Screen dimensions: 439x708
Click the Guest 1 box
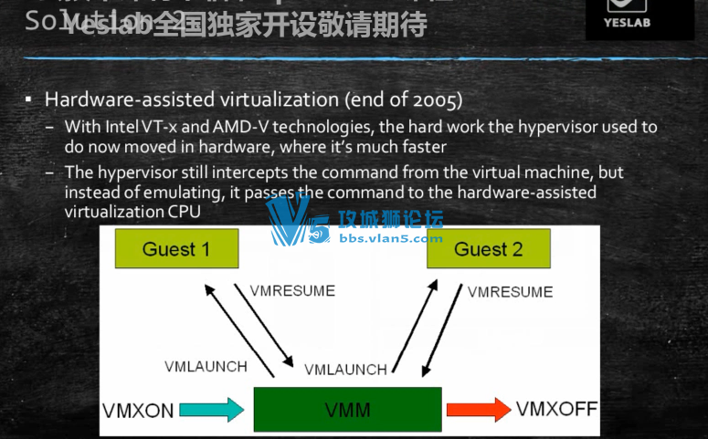176,248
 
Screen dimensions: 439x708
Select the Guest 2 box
488,248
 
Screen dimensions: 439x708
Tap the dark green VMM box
347,410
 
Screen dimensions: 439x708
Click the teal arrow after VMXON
212,410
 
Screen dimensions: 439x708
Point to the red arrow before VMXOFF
478,410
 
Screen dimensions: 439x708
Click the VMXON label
138,411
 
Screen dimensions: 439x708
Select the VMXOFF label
556,409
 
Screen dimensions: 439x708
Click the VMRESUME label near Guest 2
510,292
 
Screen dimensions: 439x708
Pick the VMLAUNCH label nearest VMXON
206,366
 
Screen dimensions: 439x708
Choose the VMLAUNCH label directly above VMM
345,370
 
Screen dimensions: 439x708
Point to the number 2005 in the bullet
437,99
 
